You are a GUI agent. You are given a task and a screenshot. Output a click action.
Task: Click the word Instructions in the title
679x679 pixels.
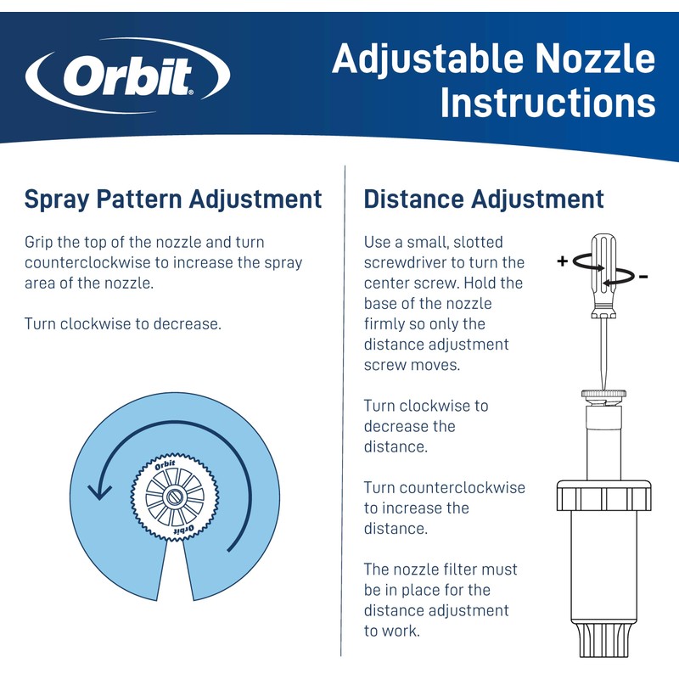coord(547,104)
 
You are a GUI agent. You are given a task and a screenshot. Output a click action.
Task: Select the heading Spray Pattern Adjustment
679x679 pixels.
coord(173,199)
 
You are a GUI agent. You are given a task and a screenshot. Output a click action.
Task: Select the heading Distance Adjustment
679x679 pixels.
coord(484,199)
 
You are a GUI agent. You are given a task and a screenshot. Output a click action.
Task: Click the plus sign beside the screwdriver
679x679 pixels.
coord(562,261)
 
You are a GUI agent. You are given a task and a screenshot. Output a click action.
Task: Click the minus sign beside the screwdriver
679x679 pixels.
coord(643,277)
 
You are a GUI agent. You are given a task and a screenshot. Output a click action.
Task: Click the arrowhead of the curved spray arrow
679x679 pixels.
coord(101,491)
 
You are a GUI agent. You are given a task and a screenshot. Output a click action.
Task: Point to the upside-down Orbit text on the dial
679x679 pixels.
coord(183,530)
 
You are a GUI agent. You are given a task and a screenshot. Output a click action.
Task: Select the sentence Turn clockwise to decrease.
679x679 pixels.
coord(123,324)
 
